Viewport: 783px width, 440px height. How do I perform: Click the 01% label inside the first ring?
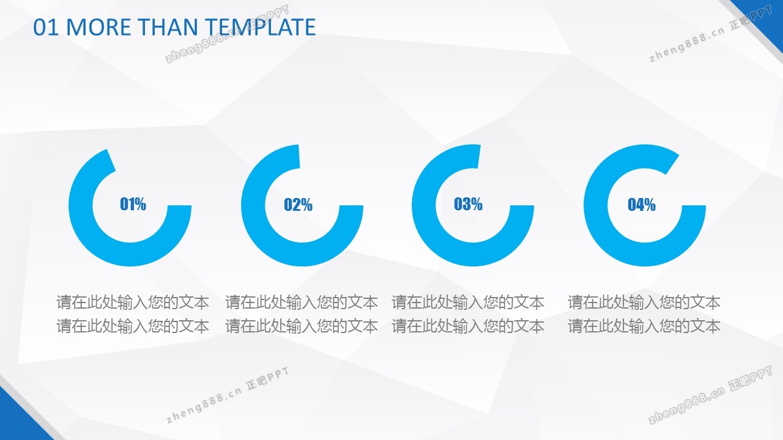point(133,204)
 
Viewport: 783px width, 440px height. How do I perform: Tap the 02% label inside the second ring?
point(298,205)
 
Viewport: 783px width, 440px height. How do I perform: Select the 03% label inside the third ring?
point(468,204)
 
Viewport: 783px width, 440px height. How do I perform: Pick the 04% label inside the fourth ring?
point(642,205)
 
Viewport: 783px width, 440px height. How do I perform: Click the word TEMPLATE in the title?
point(260,27)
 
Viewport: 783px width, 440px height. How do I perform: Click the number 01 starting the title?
point(46,27)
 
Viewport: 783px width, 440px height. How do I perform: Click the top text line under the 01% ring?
point(133,302)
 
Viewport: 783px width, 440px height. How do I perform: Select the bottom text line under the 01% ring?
point(133,326)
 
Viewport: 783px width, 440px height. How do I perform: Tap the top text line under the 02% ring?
point(302,302)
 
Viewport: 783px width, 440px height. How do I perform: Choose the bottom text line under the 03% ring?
point(468,326)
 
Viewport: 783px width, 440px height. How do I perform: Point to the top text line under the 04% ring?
point(644,302)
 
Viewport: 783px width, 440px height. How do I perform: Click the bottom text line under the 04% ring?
point(644,326)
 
